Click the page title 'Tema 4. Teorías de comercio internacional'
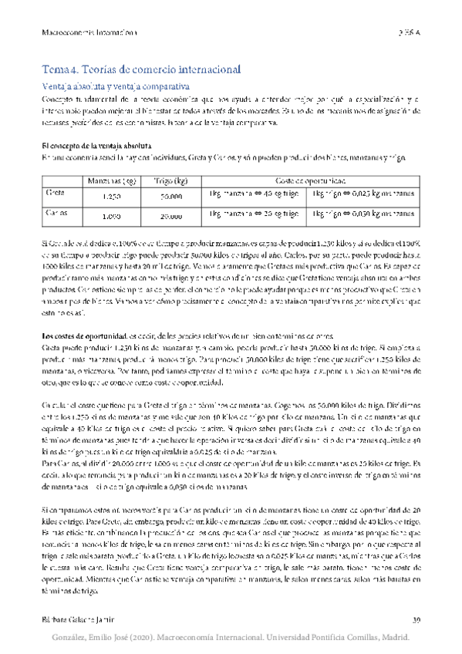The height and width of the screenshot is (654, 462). (141, 69)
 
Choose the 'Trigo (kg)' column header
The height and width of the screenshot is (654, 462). (167, 181)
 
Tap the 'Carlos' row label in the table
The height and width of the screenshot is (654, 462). (56, 212)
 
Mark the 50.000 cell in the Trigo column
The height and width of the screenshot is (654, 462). (167, 197)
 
